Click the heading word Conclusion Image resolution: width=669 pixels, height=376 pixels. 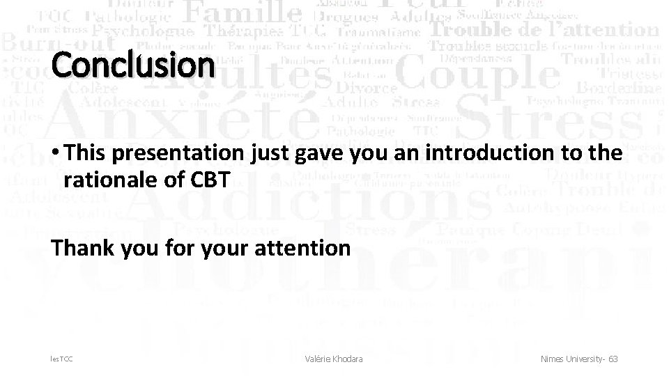tap(132, 65)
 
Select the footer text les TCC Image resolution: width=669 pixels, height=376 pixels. tap(61, 359)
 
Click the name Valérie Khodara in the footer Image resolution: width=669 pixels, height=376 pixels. tap(334, 359)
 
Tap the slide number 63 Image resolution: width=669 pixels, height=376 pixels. tap(613, 359)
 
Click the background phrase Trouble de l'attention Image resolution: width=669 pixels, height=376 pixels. tap(544, 30)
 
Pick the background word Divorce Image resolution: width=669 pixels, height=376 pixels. tap(366, 88)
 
